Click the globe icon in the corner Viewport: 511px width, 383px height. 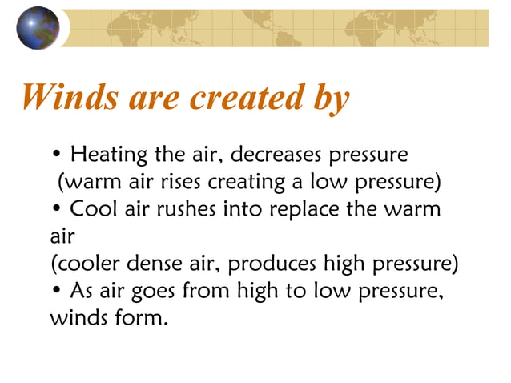point(38,27)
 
